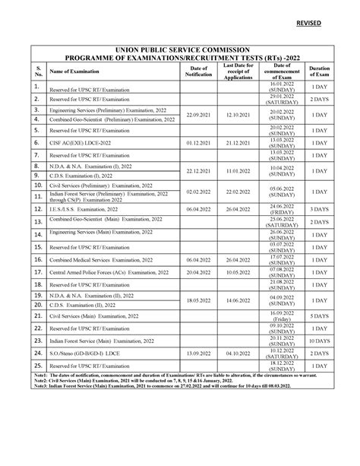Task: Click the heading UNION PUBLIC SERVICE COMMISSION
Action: (181, 48)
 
